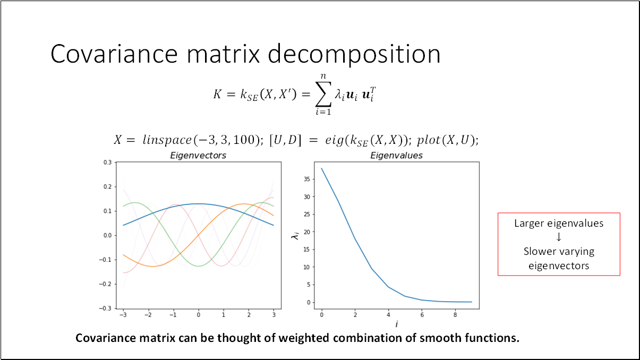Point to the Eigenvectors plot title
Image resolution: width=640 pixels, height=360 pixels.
tap(198, 156)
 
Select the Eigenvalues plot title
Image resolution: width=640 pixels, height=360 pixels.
tap(396, 156)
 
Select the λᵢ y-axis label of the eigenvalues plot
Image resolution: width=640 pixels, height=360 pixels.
tap(295, 235)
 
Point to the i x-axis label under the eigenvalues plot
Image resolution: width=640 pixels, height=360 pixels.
tap(396, 324)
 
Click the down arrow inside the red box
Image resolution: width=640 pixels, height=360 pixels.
tap(559, 237)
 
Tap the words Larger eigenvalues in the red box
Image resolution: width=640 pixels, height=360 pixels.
tap(559, 224)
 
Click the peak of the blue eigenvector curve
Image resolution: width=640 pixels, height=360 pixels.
tap(199, 203)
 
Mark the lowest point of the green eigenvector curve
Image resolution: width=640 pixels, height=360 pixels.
tap(199, 266)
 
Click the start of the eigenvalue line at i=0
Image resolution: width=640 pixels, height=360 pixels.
tap(321, 168)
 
